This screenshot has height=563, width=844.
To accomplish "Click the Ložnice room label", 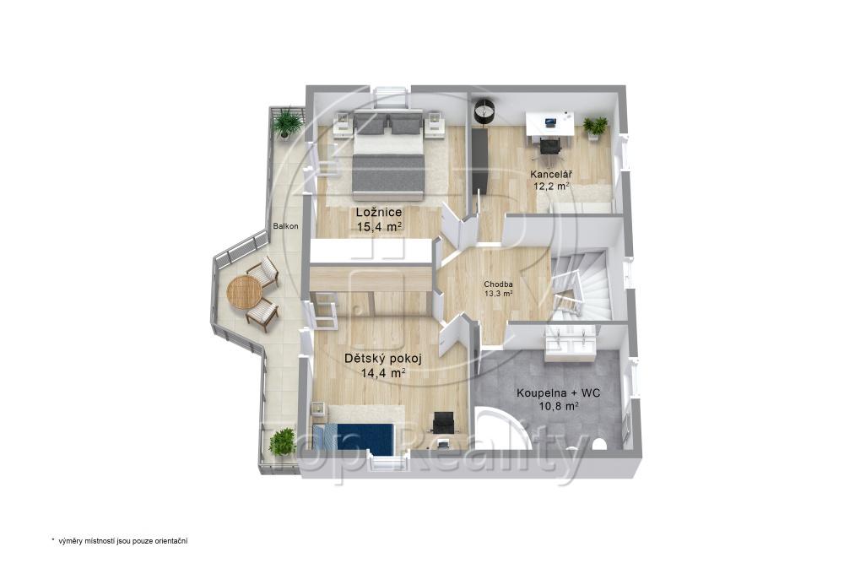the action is click(x=379, y=212).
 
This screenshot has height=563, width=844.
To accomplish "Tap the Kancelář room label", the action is click(x=550, y=175).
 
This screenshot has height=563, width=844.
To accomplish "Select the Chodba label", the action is click(x=498, y=284).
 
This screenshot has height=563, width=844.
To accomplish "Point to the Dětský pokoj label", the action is click(x=382, y=359).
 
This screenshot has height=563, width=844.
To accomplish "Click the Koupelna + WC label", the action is click(x=559, y=393).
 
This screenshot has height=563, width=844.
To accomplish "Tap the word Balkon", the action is click(x=285, y=226).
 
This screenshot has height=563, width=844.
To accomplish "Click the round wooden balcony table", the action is click(x=245, y=291).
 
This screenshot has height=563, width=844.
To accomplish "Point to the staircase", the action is click(x=582, y=286).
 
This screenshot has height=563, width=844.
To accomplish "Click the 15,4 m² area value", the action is click(x=380, y=226).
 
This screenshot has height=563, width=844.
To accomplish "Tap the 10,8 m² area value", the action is click(x=558, y=406).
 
